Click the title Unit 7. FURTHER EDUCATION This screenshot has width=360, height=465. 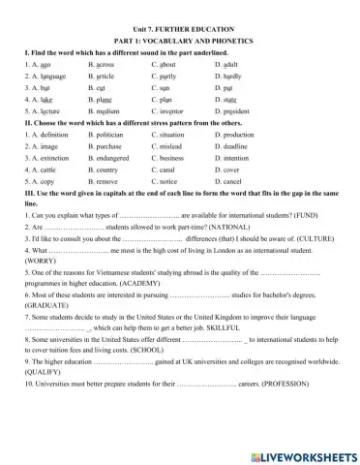(179, 29)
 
